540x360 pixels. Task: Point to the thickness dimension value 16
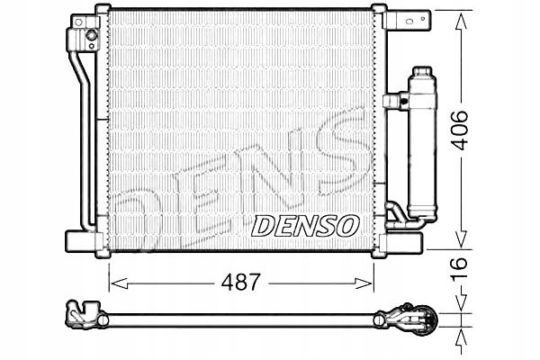(459, 266)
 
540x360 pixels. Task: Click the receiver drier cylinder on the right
(420, 144)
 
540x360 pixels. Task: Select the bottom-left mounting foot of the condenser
(82, 241)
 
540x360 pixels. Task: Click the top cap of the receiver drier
(420, 72)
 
